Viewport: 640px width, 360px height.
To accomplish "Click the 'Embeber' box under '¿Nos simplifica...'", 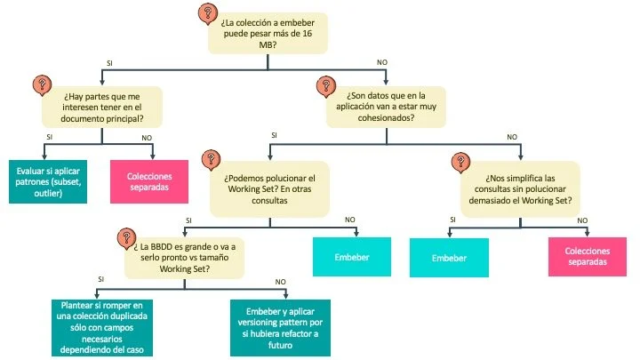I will pos(448,257).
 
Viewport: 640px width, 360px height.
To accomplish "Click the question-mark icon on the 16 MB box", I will pos(207,13).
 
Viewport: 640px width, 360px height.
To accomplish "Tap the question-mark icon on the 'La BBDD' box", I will pos(124,237).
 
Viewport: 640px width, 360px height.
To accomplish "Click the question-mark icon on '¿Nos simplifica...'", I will pos(460,163).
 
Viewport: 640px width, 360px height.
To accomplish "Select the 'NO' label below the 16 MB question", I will pos(381,62).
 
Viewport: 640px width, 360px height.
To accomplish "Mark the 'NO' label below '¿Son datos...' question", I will pos(511,137).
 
